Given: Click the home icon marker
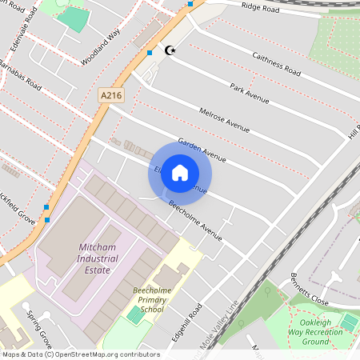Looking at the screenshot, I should click(x=180, y=172).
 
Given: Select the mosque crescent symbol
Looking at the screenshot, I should click(x=169, y=50).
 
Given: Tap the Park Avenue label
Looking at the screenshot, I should click(x=248, y=93).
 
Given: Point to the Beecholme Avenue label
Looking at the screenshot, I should click(x=194, y=220).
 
